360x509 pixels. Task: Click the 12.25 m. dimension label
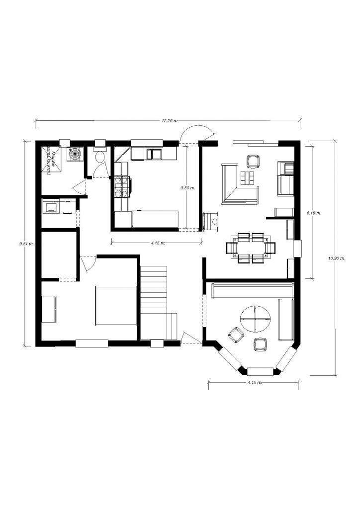[x=170, y=121]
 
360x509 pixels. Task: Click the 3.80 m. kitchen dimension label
[x=187, y=188]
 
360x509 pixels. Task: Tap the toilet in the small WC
[x=100, y=157]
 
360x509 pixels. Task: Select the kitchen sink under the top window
[x=154, y=153]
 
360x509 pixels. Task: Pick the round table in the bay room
[x=256, y=319]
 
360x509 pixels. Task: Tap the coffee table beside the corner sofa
[x=248, y=177]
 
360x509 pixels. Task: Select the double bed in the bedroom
[x=116, y=306]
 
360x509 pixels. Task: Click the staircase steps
[x=154, y=288]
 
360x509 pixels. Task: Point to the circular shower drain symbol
[x=75, y=154]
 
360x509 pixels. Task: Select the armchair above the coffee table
[x=253, y=162]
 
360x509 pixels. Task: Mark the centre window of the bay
[x=260, y=370]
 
